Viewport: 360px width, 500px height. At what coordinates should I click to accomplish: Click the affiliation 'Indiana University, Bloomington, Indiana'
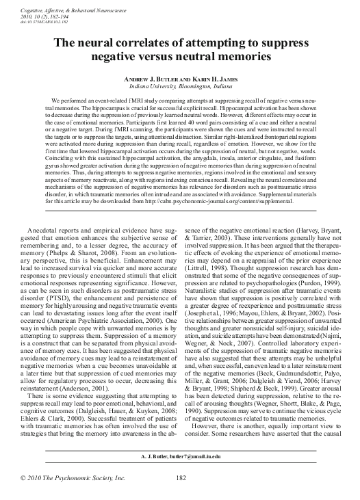click(x=180, y=86)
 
